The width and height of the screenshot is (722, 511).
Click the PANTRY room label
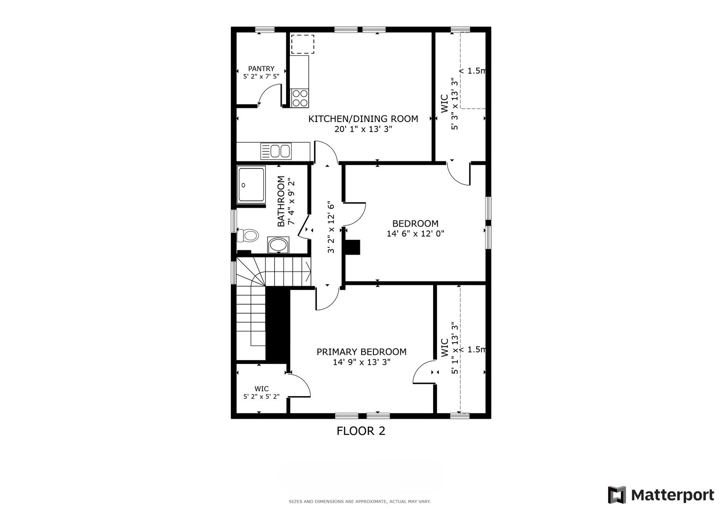point(261,69)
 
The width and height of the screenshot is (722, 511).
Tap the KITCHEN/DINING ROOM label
point(363,119)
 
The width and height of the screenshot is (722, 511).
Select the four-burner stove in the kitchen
point(300,98)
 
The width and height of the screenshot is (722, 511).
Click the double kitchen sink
point(276,151)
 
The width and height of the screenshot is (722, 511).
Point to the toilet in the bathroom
point(248,235)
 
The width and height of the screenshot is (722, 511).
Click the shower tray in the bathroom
point(251,185)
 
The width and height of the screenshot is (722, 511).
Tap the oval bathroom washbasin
point(278,245)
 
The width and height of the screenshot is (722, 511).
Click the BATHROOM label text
point(281,201)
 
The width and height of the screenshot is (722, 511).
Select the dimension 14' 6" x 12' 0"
point(416,234)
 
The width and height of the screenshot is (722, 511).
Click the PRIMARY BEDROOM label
point(361,352)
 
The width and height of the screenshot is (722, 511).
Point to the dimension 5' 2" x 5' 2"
point(261,396)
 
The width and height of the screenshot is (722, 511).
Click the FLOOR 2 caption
point(361,431)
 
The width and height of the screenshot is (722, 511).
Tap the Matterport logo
point(661,495)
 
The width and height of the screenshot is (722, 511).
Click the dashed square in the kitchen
point(303,44)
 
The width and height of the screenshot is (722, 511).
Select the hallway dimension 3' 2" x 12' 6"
point(331,228)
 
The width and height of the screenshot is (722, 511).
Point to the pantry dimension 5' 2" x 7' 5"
point(261,77)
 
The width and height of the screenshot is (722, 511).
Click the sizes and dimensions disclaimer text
point(360,502)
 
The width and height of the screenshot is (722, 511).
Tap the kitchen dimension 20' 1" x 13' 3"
point(363,129)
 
